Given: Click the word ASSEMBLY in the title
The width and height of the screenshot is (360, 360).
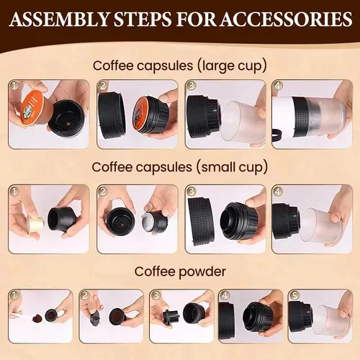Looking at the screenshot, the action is pos(60,19).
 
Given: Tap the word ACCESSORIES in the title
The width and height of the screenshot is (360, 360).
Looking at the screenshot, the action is pos(287,19).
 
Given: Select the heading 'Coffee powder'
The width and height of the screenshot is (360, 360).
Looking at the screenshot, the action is pos(180,272).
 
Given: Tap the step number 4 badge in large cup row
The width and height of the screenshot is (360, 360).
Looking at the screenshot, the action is pos(278,86).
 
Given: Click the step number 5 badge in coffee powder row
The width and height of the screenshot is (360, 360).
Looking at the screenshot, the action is pos(294,295).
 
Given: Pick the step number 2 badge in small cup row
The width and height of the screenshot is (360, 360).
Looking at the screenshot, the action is pos(103,191).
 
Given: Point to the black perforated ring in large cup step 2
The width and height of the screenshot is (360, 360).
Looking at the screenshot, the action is pos(112,116).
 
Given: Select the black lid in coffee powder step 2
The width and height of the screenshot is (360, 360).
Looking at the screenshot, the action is pos(94,318).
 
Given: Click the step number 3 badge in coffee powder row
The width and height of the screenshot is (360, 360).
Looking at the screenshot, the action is pos(156,295).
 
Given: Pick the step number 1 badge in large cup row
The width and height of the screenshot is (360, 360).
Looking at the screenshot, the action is pos(14,86).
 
